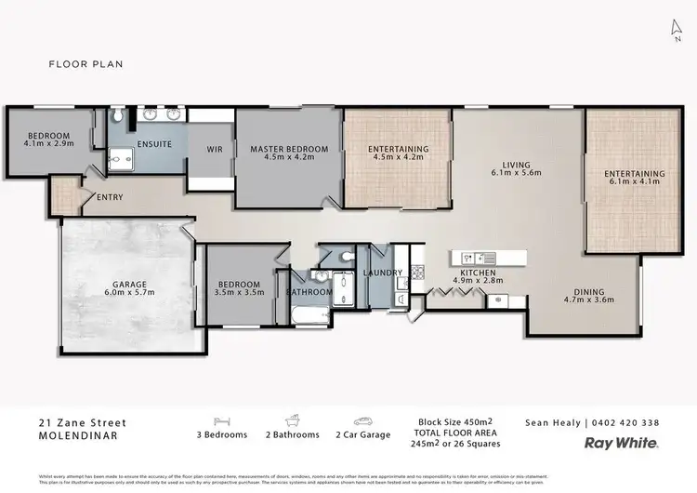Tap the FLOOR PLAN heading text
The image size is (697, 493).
(85, 64)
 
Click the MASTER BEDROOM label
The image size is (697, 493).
(289, 149)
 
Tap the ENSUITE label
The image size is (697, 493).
(153, 144)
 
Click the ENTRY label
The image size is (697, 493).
(109, 197)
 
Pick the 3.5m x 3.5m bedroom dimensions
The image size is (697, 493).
(241, 292)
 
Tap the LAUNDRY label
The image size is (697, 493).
(383, 273)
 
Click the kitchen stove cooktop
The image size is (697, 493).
(417, 272)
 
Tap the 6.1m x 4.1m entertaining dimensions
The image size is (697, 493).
(634, 183)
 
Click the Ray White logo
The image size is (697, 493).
(620, 445)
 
